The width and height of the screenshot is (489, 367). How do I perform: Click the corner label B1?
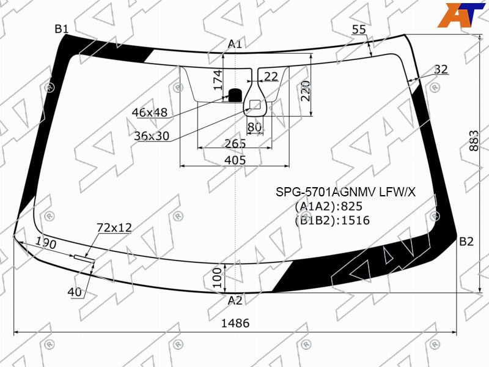coord(62,29)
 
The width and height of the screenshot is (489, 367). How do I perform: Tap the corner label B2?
coord(466,242)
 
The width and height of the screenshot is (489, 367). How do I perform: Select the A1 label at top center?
coord(235,44)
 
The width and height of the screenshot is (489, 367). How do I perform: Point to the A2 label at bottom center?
coord(235,300)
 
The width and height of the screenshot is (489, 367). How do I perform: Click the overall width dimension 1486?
coord(235,323)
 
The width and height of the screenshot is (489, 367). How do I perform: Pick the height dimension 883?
coord(474,141)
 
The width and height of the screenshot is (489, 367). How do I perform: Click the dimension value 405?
coord(235,160)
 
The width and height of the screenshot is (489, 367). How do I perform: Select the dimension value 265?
coord(235,143)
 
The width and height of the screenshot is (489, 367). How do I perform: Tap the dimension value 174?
coord(218,80)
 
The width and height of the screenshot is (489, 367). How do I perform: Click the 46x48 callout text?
coord(150,113)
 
